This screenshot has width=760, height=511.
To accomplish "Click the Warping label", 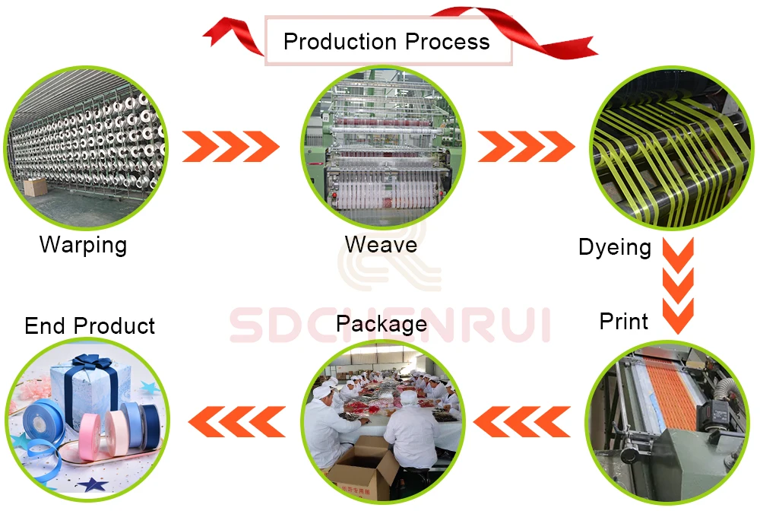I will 83,245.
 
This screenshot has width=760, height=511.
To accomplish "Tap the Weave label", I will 381,245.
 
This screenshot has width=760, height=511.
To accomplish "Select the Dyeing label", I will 614,247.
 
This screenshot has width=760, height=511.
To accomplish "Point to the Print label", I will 624,321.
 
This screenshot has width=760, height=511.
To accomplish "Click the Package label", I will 381,325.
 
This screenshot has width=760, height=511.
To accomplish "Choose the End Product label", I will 90,326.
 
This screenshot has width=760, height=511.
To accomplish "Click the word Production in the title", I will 340,41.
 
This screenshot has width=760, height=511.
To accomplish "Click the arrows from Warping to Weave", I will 230,146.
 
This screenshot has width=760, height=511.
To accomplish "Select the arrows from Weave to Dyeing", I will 525,146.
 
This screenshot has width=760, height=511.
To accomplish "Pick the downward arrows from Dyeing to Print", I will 679,284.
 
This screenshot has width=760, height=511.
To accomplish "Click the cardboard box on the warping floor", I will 35,186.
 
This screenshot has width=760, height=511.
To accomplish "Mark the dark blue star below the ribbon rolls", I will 93,483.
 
